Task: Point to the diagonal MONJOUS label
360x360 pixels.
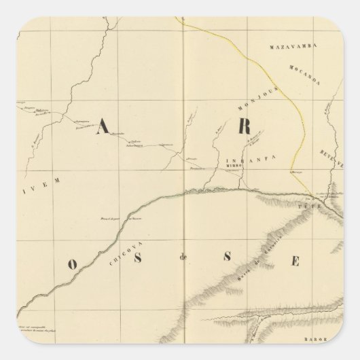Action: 250,101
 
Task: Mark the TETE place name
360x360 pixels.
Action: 314,203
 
